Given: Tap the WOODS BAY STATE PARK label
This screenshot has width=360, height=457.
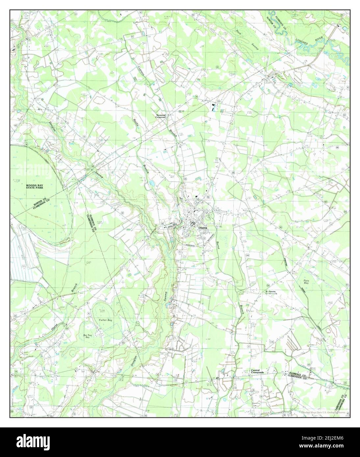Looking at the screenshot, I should (37, 187).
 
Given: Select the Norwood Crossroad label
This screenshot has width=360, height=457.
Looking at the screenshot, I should (163, 116).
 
